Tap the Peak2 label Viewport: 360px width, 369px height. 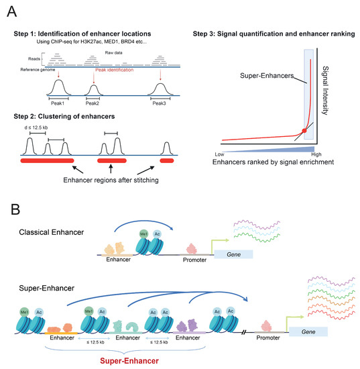pos(93,104)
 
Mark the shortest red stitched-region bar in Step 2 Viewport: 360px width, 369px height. pos(166,161)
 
